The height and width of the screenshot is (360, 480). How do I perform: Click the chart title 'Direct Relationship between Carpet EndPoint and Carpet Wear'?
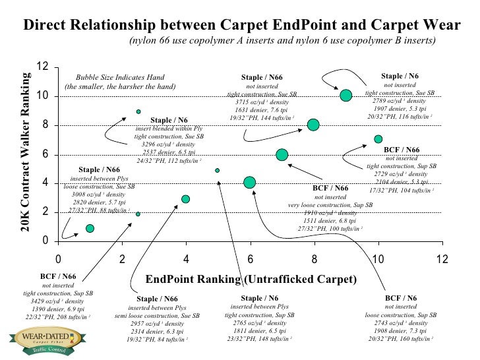(x=241, y=25)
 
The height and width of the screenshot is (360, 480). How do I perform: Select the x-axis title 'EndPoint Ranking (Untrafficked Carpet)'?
(x=251, y=279)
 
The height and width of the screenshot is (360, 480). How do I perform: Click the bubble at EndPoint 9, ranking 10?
(x=345, y=95)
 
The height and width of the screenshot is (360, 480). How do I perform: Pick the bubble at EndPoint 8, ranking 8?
(x=313, y=125)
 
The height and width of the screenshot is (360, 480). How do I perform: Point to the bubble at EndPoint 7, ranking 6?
(x=282, y=154)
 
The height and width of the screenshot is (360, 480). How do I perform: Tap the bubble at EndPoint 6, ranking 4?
(x=249, y=182)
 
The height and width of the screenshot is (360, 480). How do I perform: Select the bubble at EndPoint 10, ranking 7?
(x=378, y=139)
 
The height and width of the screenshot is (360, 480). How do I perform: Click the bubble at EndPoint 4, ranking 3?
(x=185, y=199)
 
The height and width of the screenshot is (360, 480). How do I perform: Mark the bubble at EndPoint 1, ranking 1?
(x=90, y=228)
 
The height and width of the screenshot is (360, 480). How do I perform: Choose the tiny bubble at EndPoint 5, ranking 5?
(x=217, y=170)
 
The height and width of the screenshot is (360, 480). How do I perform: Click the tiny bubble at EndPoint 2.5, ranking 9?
(x=138, y=111)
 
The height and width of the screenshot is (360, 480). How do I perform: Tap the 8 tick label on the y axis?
(x=44, y=125)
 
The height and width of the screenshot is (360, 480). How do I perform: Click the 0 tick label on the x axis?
(x=58, y=258)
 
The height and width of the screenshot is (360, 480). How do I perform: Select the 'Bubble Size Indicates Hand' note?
(x=119, y=77)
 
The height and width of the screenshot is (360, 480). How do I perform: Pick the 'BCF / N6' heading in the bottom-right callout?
(x=401, y=297)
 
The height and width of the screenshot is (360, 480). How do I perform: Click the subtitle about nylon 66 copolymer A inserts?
(x=282, y=40)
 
